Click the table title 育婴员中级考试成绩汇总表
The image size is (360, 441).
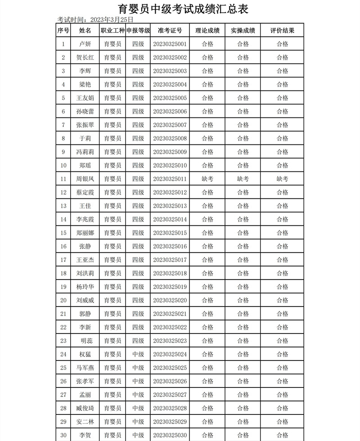click(183, 9)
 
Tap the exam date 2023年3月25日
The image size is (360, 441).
click(112, 20)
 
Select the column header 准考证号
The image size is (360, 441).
click(170, 31)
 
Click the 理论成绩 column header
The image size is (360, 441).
click(207, 31)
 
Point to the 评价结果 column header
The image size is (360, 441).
click(282, 31)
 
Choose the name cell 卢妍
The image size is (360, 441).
click(85, 44)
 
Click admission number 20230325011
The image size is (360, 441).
click(170, 179)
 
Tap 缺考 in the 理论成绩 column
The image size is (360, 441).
click(207, 179)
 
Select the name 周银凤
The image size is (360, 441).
click(85, 179)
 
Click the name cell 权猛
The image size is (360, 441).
click(85, 355)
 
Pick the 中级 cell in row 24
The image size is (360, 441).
click(138, 355)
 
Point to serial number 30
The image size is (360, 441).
click(63, 435)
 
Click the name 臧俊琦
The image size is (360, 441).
click(85, 408)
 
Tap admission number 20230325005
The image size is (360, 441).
click(170, 98)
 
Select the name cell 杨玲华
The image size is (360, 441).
click(85, 287)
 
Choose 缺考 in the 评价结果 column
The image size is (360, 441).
click(282, 179)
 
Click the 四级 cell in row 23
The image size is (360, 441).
click(138, 341)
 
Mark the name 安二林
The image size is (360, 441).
click(85, 422)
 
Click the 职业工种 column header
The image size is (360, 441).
click(112, 31)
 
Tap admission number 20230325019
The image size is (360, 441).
click(170, 287)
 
